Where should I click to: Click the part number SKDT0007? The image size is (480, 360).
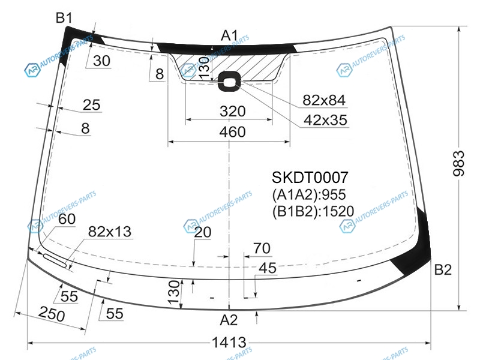point(310,177)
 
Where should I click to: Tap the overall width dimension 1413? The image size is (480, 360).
point(229,343)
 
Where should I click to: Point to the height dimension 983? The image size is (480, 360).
point(458,163)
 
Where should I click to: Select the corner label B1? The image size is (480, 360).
point(64,18)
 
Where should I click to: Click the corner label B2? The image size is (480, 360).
point(443,269)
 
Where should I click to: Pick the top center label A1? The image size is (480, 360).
point(229,35)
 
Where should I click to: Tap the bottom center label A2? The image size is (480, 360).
point(229,320)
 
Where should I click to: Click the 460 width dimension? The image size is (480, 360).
point(232,132)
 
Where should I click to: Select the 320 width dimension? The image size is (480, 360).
point(232,111)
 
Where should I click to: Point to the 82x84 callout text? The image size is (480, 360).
point(324,100)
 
